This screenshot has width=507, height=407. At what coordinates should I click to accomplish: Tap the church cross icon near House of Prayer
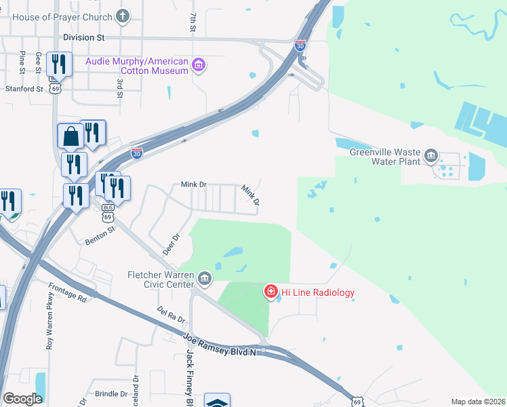coord(123,16)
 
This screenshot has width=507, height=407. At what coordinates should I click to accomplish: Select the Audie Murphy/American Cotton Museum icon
coord(199,66)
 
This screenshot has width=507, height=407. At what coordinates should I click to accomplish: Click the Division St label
coord(85,37)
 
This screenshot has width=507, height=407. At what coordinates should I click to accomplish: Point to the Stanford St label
coord(24,89)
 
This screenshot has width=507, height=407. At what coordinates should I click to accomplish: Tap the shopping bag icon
coord(70,137)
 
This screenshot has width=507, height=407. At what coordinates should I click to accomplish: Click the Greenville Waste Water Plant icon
coord(430,157)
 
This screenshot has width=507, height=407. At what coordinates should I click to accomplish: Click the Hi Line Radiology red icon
coord(270,292)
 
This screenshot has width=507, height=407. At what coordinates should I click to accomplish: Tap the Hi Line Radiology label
coord(318,292)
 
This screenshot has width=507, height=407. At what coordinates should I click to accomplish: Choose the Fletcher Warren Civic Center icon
coord(203,279)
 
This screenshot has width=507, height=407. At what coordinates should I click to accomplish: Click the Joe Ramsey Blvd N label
coord(222,343)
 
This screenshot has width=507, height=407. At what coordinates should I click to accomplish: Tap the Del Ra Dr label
coord(171,315)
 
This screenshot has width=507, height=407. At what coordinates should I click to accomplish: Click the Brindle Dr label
coord(111,393)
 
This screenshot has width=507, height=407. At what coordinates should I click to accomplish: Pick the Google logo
coord(22,399)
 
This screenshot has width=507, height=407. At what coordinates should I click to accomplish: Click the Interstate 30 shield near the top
coord(300,45)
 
